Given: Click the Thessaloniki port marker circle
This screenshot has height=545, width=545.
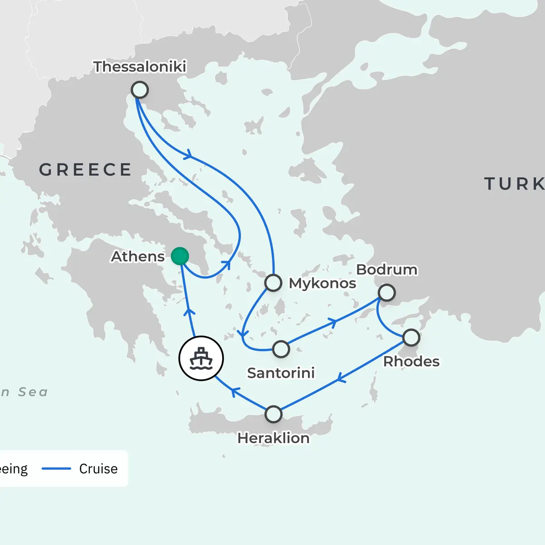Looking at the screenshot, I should tap(140, 90).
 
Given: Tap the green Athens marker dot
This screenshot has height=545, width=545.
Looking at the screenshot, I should tap(180, 256).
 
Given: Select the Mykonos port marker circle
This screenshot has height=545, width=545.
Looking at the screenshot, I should tap(273, 282).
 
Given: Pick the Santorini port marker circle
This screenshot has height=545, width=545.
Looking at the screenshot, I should tap(281, 349).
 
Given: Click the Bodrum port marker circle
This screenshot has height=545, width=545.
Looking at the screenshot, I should tap(386, 292).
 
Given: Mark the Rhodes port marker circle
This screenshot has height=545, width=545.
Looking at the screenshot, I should tap(411, 337).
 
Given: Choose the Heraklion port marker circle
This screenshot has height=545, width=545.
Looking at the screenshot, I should tap(273, 414).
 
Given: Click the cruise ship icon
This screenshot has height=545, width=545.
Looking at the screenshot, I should tap(201, 358).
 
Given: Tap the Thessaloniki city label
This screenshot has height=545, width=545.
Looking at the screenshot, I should tap(140, 67).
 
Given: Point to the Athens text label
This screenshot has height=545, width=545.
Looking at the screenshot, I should tap(138, 257).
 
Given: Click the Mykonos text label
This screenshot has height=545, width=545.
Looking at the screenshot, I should tap(322, 283).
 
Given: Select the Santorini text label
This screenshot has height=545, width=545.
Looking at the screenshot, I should tap(281, 373).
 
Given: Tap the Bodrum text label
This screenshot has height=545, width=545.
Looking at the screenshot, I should tap(386, 269).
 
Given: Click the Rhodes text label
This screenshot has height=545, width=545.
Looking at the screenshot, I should tap(411, 362).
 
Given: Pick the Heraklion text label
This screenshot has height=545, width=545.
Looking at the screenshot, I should tap(273, 438).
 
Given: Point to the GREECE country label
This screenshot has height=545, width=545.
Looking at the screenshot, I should tap(85, 170).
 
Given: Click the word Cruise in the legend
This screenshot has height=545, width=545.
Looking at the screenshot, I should tap(98, 469).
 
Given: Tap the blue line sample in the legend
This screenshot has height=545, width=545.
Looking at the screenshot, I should tap(56, 469).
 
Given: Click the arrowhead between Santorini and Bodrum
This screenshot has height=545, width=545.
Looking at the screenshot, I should tap(334, 323).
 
